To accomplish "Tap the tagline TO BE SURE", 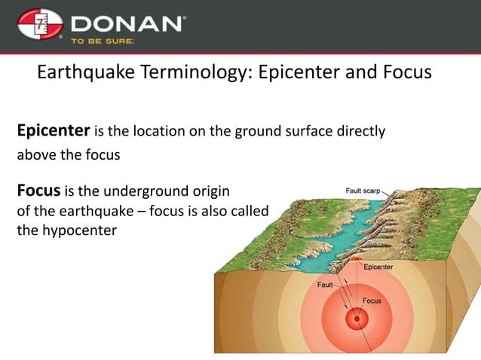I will click(x=103, y=42).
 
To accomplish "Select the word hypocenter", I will click(x=80, y=230).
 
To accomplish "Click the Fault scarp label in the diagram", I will click(x=363, y=191).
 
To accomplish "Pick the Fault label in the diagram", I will click(x=326, y=285).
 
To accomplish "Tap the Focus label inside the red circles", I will click(x=372, y=301).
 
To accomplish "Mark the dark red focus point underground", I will click(x=354, y=319).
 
